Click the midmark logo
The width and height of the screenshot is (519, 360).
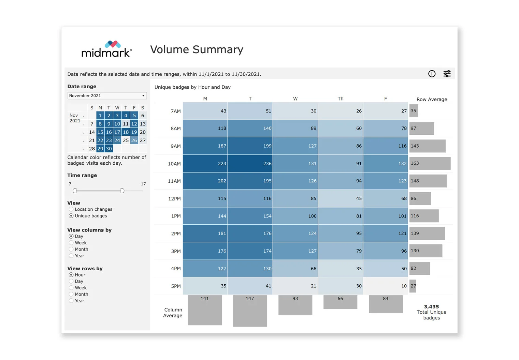click(106, 49)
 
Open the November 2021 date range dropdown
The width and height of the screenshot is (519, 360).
click(107, 96)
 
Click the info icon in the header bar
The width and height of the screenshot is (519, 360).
click(432, 74)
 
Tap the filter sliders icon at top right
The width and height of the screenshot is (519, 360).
click(447, 74)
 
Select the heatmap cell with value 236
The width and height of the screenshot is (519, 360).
click(250, 164)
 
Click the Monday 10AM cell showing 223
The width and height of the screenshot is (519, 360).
click(205, 164)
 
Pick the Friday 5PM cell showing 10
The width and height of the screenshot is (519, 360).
click(386, 286)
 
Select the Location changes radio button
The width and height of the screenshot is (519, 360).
click(71, 209)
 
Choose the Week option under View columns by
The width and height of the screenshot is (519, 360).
click(71, 243)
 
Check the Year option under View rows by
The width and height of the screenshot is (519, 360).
click(71, 301)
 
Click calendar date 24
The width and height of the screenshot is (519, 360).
click(117, 140)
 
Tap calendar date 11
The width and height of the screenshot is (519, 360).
click(126, 124)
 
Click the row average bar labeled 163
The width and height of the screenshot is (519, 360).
click(430, 163)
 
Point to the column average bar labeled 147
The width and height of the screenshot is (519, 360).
click(250, 311)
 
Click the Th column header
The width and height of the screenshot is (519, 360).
click(340, 99)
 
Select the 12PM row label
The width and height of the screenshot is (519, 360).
click(174, 199)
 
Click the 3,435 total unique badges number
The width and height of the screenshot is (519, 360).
click(431, 307)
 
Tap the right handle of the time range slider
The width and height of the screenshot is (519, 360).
click(122, 191)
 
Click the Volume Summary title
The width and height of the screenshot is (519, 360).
click(197, 50)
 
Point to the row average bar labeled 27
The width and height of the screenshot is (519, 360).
click(413, 286)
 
